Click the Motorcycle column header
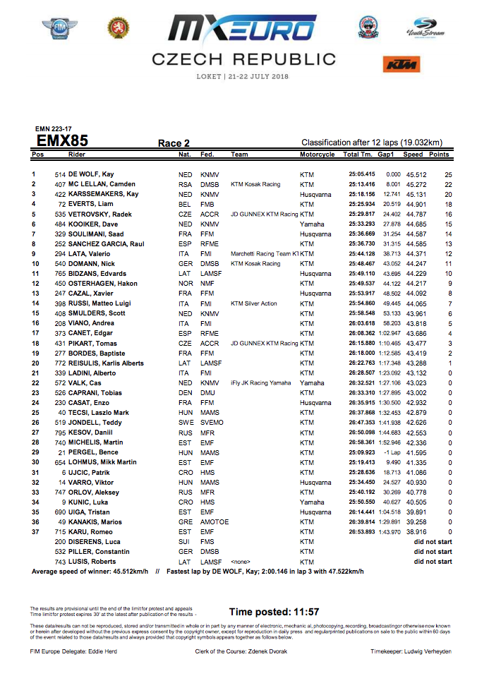pos(317,155)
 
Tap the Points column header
pos(439,155)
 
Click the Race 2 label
pos(174,143)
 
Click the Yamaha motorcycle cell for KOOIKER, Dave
pos(312,224)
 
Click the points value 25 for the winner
pos(447,174)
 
